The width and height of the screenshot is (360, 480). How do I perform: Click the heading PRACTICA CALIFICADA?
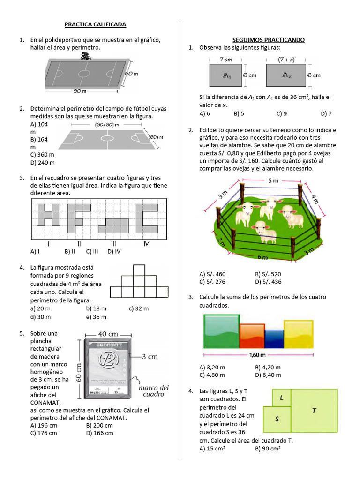(95, 24)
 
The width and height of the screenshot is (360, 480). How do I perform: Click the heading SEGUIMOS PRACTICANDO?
(269, 40)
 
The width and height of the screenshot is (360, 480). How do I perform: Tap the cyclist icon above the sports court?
(85, 57)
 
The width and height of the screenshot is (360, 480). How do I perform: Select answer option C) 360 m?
(42, 155)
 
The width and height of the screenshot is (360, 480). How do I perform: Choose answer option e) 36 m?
(97, 317)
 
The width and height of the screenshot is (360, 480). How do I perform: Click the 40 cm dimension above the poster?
(108, 333)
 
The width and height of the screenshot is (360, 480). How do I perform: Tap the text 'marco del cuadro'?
(153, 391)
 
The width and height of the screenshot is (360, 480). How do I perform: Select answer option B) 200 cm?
(99, 425)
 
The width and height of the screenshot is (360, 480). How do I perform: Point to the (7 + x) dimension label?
(285, 60)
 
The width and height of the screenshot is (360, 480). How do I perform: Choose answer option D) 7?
(326, 113)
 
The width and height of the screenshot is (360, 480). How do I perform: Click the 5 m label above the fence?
(273, 180)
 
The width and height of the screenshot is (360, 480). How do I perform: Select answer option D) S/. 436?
(268, 282)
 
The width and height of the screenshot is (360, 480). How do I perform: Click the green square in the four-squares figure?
(221, 331)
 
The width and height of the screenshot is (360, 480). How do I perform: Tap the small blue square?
(274, 338)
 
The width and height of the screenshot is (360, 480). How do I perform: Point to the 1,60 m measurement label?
(258, 355)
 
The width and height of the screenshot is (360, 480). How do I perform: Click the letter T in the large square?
(314, 411)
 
